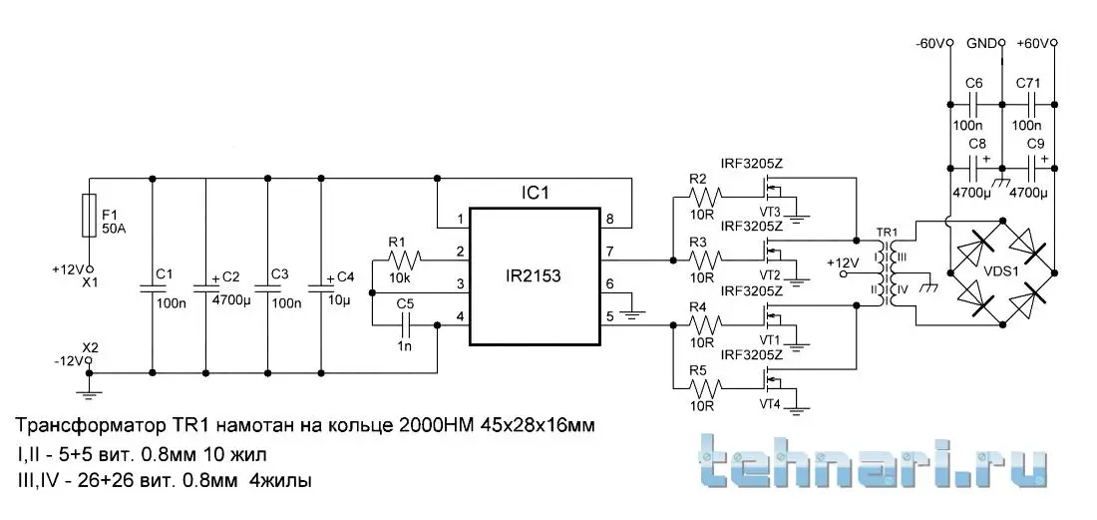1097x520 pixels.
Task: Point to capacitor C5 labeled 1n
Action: (x=405, y=324)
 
